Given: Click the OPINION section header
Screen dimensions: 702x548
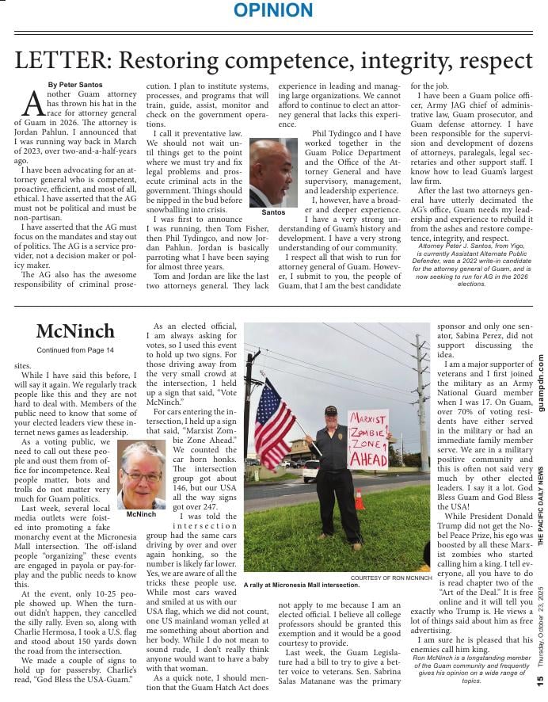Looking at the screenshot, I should pos(273,10).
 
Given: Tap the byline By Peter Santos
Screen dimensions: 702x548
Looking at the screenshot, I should pos(74,84).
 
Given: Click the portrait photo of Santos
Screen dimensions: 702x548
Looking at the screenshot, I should pos(272,173).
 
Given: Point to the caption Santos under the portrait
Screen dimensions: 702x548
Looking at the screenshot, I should pos(272,213).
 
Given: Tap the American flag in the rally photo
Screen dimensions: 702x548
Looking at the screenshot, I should pos(273,425).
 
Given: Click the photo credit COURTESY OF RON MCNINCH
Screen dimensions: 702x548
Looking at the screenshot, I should pos(390,578).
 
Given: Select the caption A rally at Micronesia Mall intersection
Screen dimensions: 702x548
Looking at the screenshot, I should pos(302,585).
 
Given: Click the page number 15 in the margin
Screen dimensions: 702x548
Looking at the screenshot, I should pos(539,679).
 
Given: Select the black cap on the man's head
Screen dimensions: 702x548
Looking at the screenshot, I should pos(330,410).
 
